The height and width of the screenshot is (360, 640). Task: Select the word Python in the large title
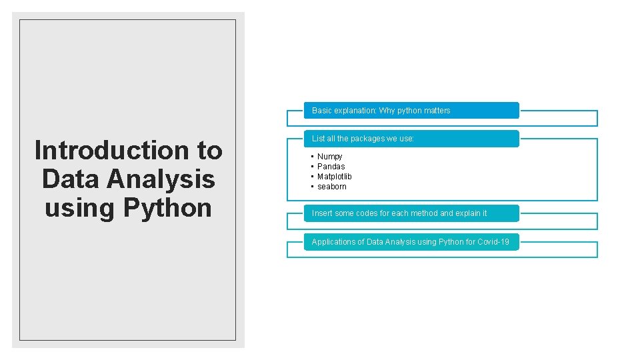pos(167,208)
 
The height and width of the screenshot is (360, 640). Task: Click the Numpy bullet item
pos(330,157)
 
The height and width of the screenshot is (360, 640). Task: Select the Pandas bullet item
pos(331,167)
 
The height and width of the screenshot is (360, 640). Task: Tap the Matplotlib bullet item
pos(335,177)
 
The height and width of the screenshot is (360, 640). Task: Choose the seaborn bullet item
pos(332,187)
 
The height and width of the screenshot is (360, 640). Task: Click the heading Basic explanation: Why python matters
pos(381,111)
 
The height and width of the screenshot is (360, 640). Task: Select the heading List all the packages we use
pos(363,139)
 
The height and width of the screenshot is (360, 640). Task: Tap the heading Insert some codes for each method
pos(399,213)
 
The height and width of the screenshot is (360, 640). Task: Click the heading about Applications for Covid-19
pos(410,242)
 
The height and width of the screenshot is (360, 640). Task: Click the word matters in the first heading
pos(437,111)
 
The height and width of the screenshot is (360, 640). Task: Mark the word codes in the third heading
pos(364,213)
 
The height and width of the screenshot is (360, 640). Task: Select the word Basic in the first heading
pos(322,111)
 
